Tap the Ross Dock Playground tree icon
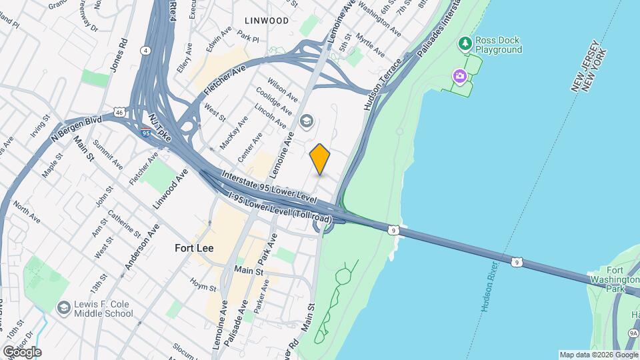tap(465, 44)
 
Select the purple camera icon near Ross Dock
tap(459, 76)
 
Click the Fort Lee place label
tap(194, 247)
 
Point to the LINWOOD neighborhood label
tap(266, 21)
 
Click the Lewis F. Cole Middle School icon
tap(63, 308)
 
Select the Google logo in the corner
tap(21, 351)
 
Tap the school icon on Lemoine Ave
tap(307, 121)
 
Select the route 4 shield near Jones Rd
tap(145, 50)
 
